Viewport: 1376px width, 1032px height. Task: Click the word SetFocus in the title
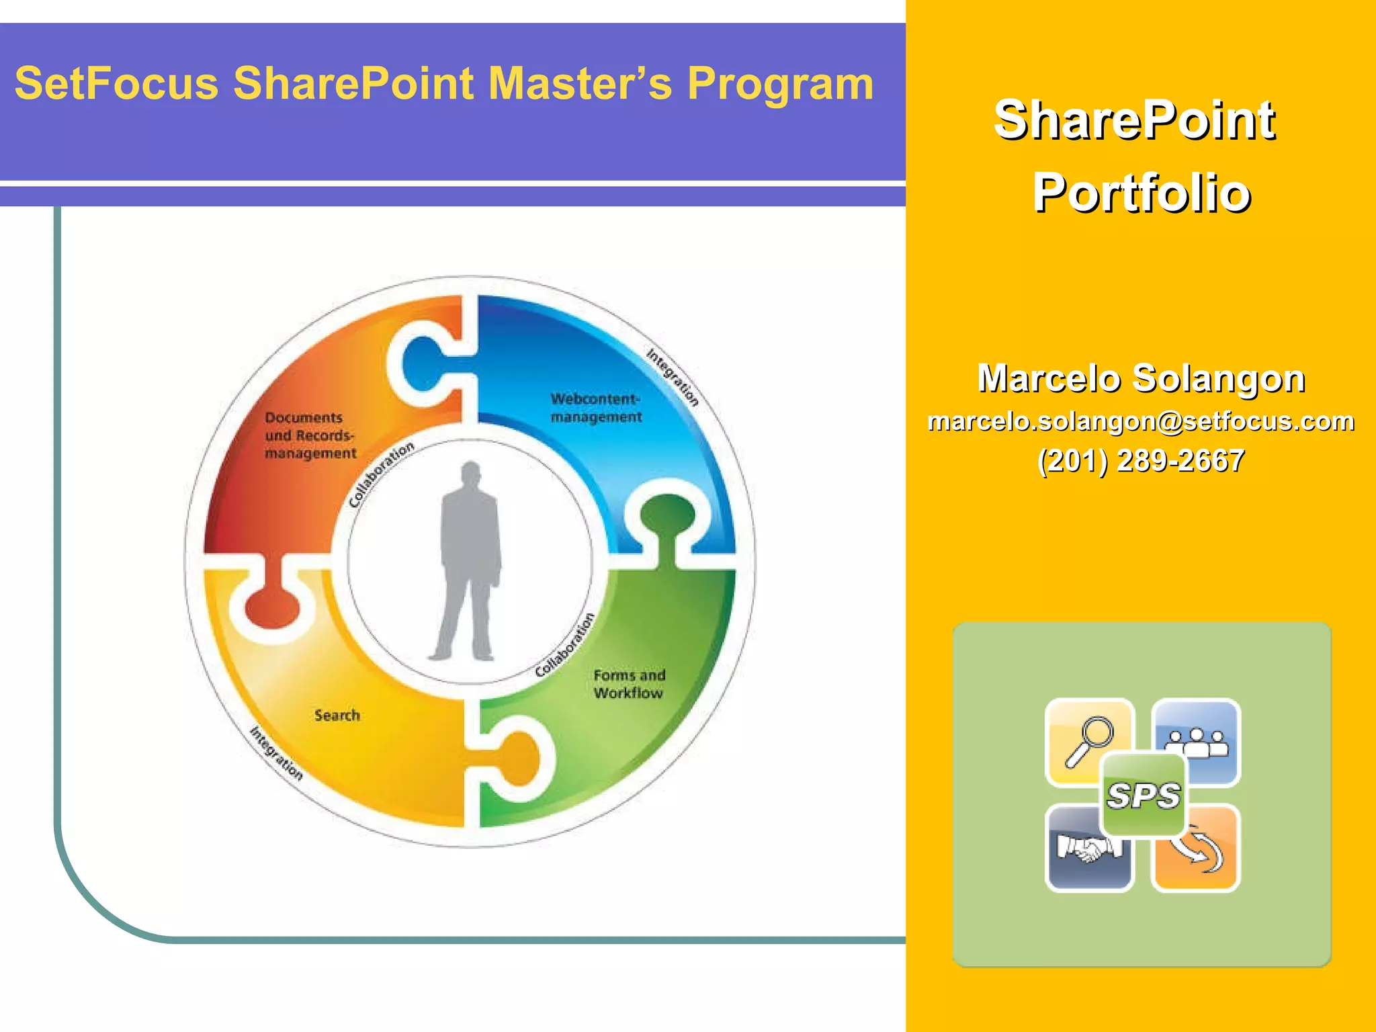click(x=116, y=83)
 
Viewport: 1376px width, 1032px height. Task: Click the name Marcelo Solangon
click(x=1141, y=378)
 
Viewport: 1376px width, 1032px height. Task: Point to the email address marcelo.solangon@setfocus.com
click(x=1141, y=421)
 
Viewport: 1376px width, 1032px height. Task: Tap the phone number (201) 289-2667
click(x=1141, y=461)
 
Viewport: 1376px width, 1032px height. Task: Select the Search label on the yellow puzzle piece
click(x=337, y=716)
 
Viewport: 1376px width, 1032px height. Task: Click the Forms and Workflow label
click(x=629, y=684)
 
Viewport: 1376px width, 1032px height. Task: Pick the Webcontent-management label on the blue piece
click(x=596, y=408)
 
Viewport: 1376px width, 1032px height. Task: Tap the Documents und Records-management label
click(x=310, y=435)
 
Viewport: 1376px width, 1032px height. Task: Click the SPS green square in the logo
click(x=1143, y=795)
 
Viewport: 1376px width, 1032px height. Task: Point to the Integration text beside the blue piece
click(x=673, y=377)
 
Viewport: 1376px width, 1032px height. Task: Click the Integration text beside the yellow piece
click(x=276, y=753)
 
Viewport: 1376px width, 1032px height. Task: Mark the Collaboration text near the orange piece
click(x=381, y=474)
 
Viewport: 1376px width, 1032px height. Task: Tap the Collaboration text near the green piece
click(x=565, y=645)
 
